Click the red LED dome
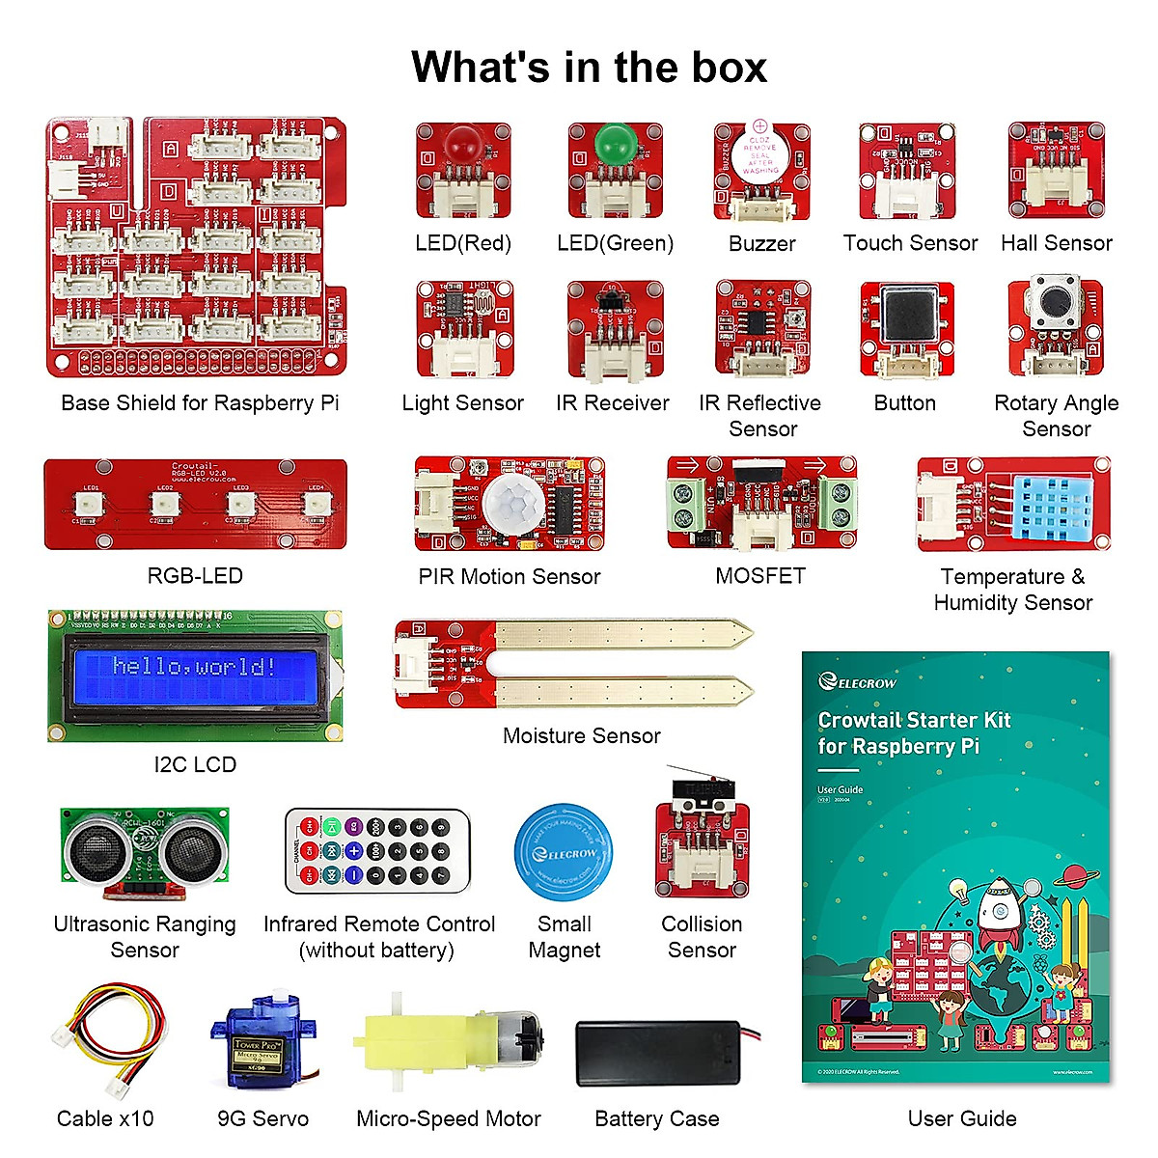click(463, 146)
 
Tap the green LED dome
click(614, 145)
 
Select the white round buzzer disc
click(759, 155)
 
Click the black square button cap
click(907, 316)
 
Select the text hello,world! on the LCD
click(194, 666)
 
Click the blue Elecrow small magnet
click(565, 850)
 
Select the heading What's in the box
click(589, 68)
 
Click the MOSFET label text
click(760, 576)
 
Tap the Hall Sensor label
click(1057, 243)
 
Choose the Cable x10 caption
click(105, 1118)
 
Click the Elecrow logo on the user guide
click(858, 682)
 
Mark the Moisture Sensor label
click(582, 735)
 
